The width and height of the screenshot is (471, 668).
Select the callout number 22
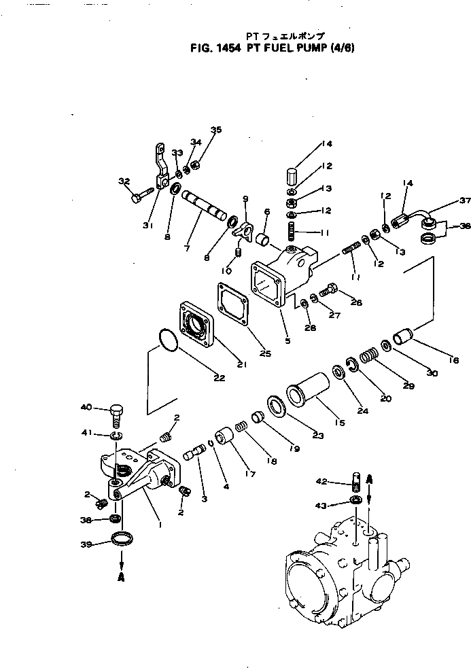click(x=219, y=378)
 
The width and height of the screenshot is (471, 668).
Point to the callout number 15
click(x=338, y=423)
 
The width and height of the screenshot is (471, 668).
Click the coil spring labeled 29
click(x=368, y=355)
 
